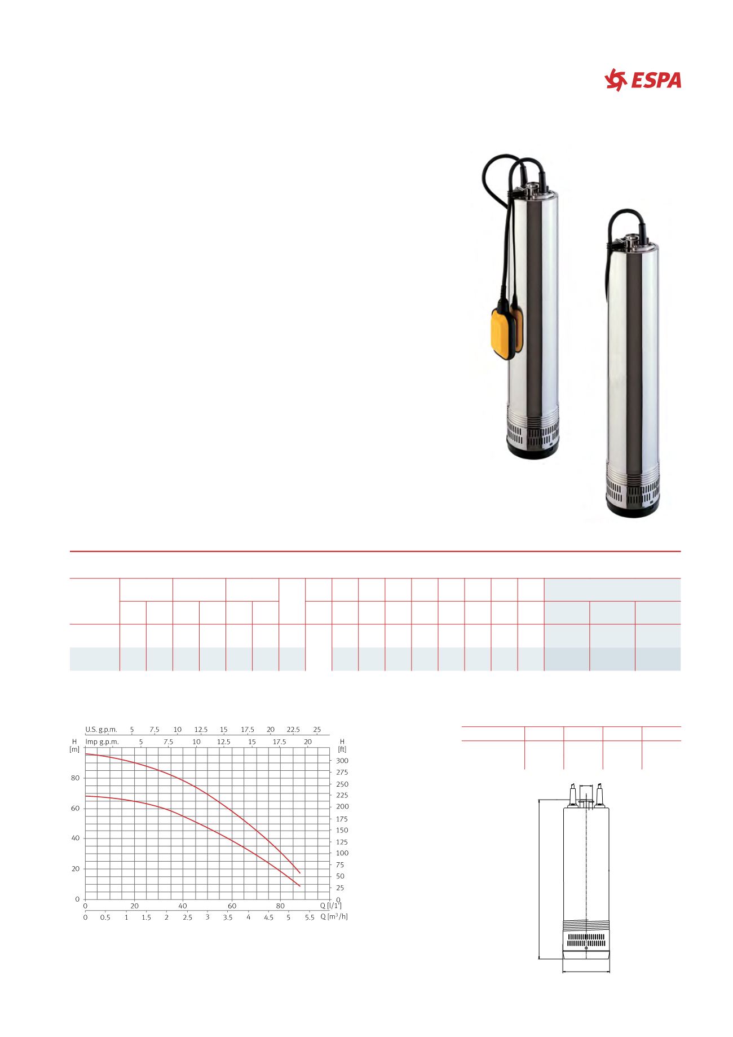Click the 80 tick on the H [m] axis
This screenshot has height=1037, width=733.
[75, 778]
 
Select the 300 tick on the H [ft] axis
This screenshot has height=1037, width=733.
[342, 761]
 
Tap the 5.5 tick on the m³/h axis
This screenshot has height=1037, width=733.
[309, 917]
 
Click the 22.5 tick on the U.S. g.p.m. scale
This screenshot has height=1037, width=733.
[293, 729]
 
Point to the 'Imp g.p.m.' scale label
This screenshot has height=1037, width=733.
[102, 742]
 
